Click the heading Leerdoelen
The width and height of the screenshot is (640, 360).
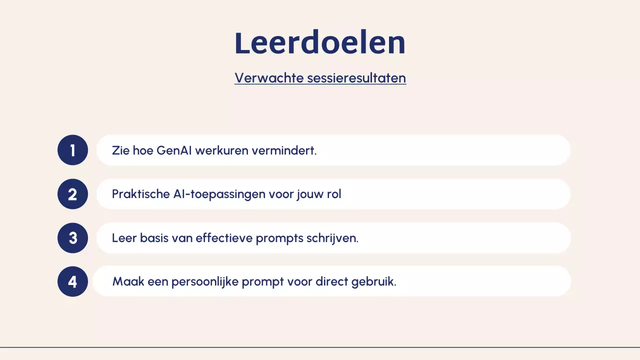click(320, 43)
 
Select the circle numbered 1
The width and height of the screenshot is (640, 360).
click(72, 150)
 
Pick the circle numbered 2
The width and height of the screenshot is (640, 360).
click(72, 194)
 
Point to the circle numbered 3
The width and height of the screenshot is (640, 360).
click(72, 237)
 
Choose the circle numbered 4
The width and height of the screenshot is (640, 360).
click(72, 281)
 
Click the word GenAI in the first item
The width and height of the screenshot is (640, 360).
click(174, 150)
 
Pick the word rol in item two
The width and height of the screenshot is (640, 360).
click(334, 194)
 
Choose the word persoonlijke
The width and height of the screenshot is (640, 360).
click(204, 282)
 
